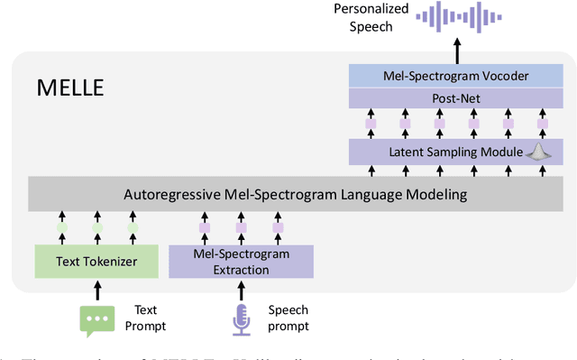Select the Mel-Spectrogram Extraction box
click(x=241, y=261)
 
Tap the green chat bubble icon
click(x=97, y=319)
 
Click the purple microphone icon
click(x=241, y=319)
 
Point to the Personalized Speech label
click(x=371, y=17)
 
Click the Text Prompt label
click(x=151, y=318)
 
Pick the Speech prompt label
click(x=288, y=318)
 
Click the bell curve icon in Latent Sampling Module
click(x=537, y=152)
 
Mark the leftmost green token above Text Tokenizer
click(x=62, y=228)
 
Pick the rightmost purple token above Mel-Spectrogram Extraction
click(x=278, y=228)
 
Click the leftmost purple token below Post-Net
click(x=370, y=123)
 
